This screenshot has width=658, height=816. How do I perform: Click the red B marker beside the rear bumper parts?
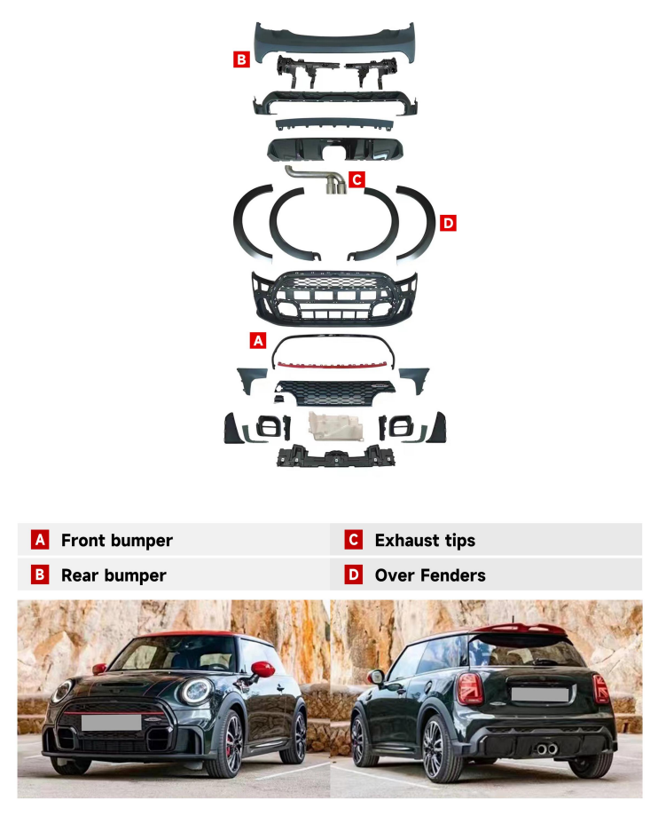pos(241,59)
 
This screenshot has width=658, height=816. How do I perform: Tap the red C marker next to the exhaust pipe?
pos(356,179)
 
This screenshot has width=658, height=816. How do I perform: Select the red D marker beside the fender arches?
pos(448,223)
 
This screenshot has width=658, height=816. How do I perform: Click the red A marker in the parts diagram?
pos(258,341)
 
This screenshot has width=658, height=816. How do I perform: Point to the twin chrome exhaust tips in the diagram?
pos(336,185)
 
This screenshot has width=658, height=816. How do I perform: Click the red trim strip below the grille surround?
pos(333,365)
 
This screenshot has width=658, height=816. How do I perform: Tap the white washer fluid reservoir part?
pos(335,425)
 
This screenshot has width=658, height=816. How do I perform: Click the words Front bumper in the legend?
pos(117,540)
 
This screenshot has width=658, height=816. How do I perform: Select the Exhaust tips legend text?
pos(425,540)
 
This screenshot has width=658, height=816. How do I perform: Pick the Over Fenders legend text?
pos(430,575)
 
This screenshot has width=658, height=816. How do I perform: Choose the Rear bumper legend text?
pos(114,575)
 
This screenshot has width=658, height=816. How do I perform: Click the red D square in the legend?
pos(354,574)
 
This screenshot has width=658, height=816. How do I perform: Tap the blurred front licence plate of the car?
pos(111,723)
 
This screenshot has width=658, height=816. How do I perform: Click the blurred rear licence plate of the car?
pos(539,694)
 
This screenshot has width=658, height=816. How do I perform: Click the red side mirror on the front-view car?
pos(263,669)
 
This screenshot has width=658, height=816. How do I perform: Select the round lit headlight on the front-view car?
pos(195,691)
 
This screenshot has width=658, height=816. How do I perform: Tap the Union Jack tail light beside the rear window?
pos(470,688)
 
